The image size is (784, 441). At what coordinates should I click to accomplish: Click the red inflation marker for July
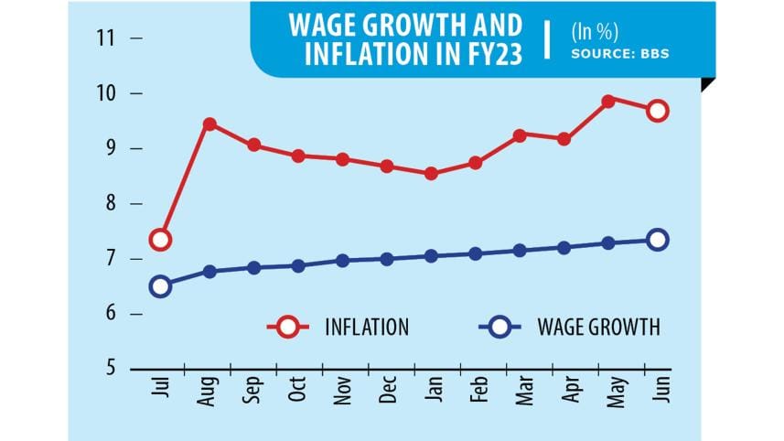coord(161,240)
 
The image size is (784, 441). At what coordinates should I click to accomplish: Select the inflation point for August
coord(209,124)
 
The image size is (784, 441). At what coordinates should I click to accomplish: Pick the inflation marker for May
coord(607,101)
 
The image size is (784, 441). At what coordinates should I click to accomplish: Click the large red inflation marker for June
coord(657,111)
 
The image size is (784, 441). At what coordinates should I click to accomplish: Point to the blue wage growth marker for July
coord(161,286)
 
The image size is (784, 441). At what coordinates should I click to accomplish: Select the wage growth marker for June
coord(657,240)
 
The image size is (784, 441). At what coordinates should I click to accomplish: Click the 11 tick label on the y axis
coord(109,38)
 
